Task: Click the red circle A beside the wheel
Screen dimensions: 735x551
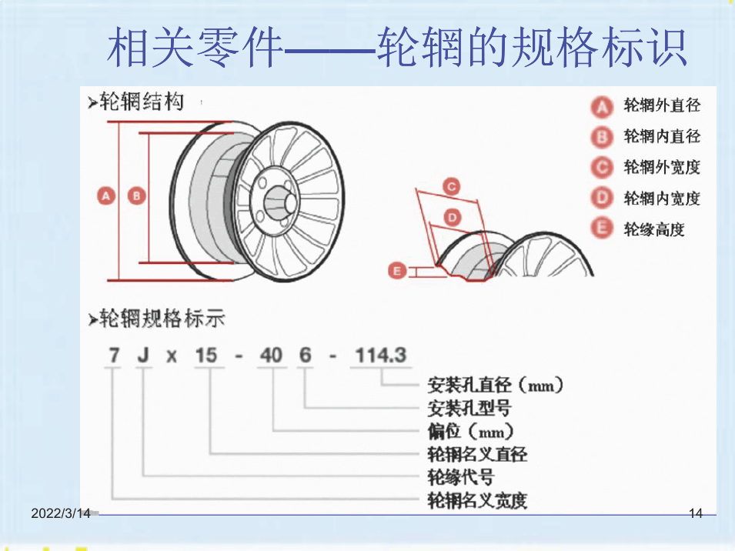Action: click(x=106, y=195)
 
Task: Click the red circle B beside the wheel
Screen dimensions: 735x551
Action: click(x=136, y=195)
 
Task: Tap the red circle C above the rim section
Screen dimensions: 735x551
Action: click(x=452, y=187)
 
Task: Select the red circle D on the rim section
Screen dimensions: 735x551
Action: click(x=453, y=218)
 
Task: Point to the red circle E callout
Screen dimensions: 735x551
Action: click(x=397, y=271)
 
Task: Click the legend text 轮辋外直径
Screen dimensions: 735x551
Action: click(x=662, y=105)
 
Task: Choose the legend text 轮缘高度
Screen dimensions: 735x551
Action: click(x=654, y=229)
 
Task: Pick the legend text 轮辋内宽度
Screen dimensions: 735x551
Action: click(x=662, y=199)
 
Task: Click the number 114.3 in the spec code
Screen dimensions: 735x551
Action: click(x=381, y=356)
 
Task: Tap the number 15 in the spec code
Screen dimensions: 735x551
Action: click(x=206, y=356)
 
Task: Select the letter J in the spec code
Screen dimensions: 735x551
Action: click(x=143, y=356)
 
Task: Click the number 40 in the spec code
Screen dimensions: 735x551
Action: click(x=271, y=356)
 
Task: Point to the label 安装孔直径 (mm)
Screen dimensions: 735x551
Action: click(x=495, y=385)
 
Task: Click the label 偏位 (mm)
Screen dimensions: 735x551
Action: click(x=470, y=431)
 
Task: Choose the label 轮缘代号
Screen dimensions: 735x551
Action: click(x=461, y=477)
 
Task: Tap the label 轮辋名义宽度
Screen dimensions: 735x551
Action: click(x=477, y=500)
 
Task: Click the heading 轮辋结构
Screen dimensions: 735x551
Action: click(x=136, y=102)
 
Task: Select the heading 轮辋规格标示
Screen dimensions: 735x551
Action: click(x=156, y=319)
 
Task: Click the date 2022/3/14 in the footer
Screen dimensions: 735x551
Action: click(x=61, y=513)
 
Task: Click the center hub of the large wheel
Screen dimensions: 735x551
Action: click(x=280, y=203)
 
